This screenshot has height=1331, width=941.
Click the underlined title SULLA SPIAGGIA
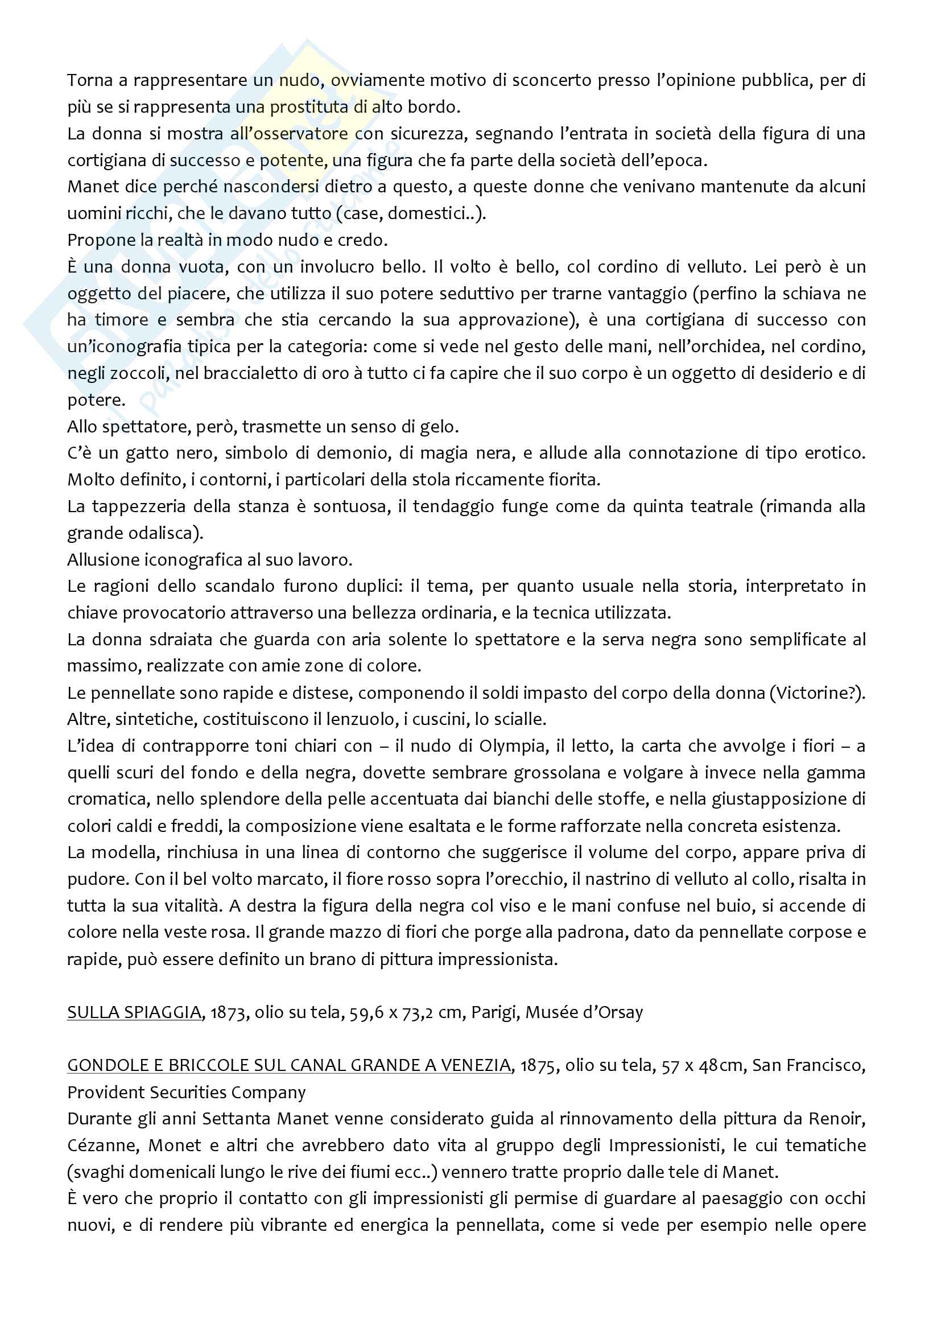134,1012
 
